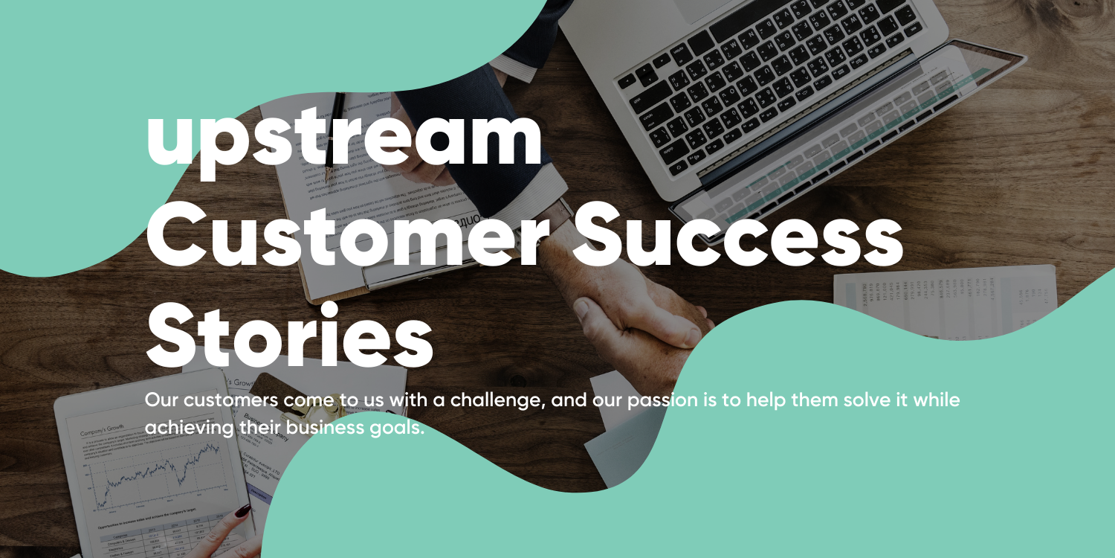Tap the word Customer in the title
coord(349,237)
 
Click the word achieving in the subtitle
coord(189,428)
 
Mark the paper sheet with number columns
coord(944,294)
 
